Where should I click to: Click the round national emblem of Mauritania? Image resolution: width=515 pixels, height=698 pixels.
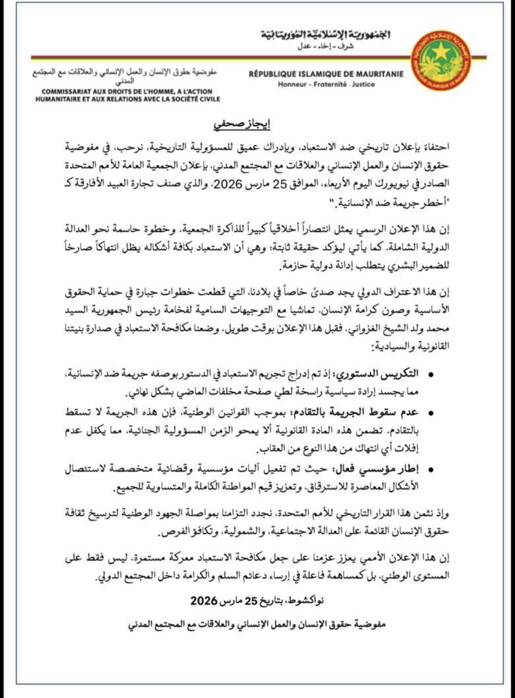(x=441, y=60)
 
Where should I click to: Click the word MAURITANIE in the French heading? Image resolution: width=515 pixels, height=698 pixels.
(x=379, y=74)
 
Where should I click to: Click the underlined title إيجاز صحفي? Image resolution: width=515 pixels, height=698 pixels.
(x=242, y=124)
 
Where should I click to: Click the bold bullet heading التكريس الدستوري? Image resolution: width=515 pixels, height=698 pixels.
(x=378, y=374)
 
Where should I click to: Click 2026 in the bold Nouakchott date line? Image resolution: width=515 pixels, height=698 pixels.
(x=204, y=600)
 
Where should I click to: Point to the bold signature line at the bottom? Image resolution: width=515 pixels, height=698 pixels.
(x=257, y=624)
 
